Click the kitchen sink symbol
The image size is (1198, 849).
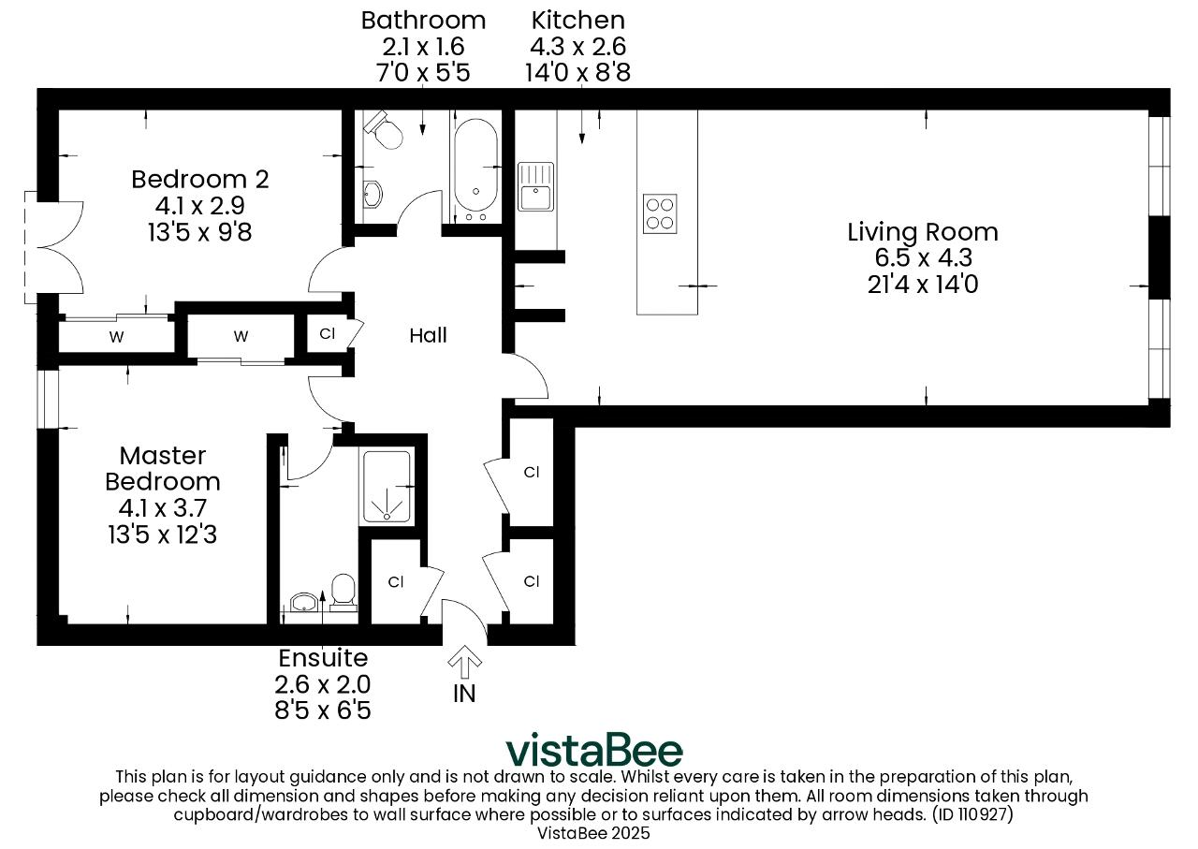point(535,186)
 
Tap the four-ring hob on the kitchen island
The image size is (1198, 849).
point(660,213)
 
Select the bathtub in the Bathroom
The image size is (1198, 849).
point(475,166)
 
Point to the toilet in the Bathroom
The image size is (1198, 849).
point(383,130)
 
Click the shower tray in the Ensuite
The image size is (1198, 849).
point(387,487)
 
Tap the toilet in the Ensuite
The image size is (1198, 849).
point(343,593)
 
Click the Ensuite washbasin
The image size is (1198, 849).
point(304,601)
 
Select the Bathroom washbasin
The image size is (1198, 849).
point(373,194)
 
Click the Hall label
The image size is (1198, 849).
point(428,335)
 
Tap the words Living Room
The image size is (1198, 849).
point(923,231)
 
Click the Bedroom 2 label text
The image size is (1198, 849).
point(199,179)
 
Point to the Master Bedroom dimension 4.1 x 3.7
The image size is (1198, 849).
point(163,507)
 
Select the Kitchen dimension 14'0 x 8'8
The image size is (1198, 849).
point(577,72)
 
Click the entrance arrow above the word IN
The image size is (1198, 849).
point(464,662)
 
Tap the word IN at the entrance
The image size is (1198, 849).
point(464,694)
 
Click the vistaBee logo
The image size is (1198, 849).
point(594,751)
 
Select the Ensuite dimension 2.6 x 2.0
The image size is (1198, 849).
point(323,684)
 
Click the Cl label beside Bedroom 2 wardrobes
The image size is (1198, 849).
point(328,334)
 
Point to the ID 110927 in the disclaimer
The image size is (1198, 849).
point(972,814)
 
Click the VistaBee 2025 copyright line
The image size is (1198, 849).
point(593,833)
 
